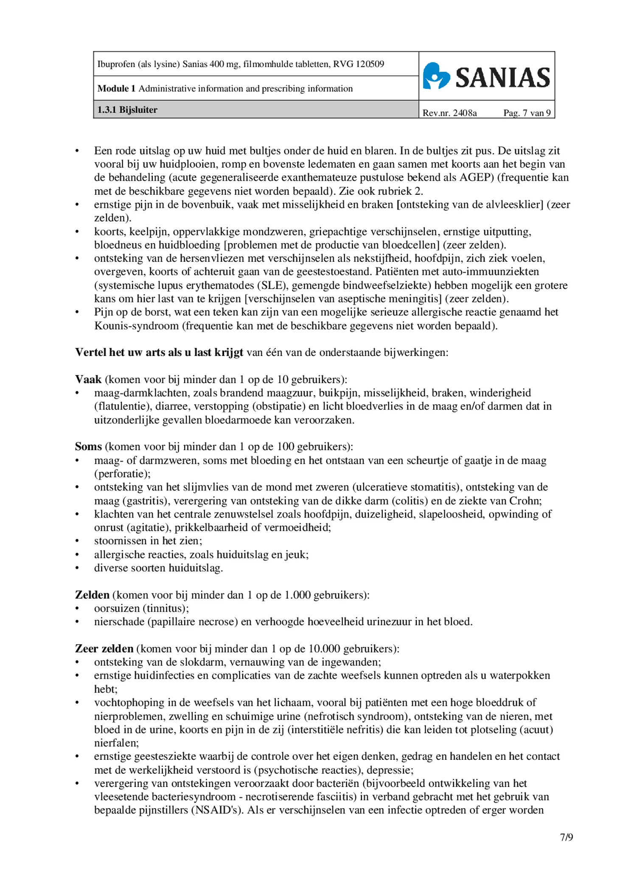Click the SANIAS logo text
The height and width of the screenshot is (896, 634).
click(502, 78)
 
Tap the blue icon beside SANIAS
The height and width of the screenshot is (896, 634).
click(436, 76)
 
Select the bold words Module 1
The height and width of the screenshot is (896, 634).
click(116, 89)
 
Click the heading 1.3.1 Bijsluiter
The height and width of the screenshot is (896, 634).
click(127, 110)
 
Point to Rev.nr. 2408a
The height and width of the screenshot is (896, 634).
click(449, 113)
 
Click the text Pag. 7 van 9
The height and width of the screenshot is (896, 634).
click(527, 113)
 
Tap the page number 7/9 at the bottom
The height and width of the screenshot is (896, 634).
click(566, 837)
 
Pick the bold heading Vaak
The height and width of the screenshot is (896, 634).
click(88, 379)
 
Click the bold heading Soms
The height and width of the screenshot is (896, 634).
click(88, 447)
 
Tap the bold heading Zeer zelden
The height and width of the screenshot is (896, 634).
click(104, 649)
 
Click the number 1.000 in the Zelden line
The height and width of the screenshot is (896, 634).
click(297, 595)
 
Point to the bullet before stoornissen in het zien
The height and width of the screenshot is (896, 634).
click(77, 541)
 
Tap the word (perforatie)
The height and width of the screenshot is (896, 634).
click(122, 473)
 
